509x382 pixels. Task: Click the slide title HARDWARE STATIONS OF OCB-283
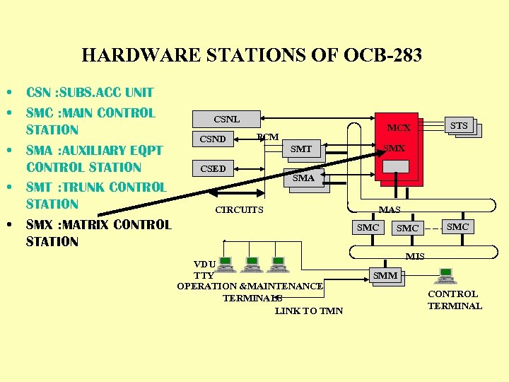point(252,55)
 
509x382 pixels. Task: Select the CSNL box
point(226,119)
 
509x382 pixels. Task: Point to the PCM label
point(268,137)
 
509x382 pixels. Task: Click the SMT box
point(301,149)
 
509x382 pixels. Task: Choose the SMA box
point(303,178)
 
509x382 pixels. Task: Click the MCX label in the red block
point(399,128)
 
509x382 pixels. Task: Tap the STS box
point(459,126)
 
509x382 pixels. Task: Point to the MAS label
point(390,209)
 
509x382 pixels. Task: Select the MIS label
point(415,256)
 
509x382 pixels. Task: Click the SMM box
point(385,275)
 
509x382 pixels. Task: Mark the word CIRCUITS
point(239,210)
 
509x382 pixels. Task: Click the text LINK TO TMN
point(309,311)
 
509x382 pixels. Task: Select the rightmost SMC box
point(457,226)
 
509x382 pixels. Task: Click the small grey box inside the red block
point(395,166)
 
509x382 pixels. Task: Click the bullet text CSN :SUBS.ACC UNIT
point(90,92)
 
